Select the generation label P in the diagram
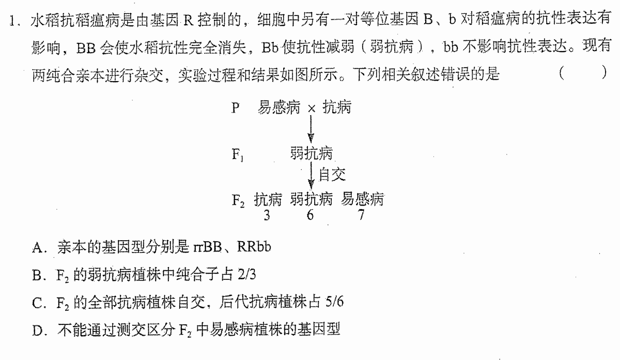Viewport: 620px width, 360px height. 235,107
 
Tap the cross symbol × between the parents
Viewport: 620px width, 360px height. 312,109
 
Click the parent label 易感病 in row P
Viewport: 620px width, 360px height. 278,107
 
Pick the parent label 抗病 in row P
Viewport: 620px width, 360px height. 337,107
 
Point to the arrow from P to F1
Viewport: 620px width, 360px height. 311,129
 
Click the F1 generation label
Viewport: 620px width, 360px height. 238,154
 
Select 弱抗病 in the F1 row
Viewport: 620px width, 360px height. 312,153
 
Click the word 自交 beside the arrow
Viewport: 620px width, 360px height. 332,175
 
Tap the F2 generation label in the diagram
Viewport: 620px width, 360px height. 238,200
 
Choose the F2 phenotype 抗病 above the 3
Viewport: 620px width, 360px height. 268,199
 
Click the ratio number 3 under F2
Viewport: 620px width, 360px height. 267,215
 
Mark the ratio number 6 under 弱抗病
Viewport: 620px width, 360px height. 311,215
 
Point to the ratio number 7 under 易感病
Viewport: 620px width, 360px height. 361,215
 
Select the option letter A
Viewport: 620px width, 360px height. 37,247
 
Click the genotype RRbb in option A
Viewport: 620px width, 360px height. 254,246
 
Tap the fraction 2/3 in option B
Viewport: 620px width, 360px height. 246,274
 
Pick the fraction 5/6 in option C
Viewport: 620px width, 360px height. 334,301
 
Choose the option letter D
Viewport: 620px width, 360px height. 37,331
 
